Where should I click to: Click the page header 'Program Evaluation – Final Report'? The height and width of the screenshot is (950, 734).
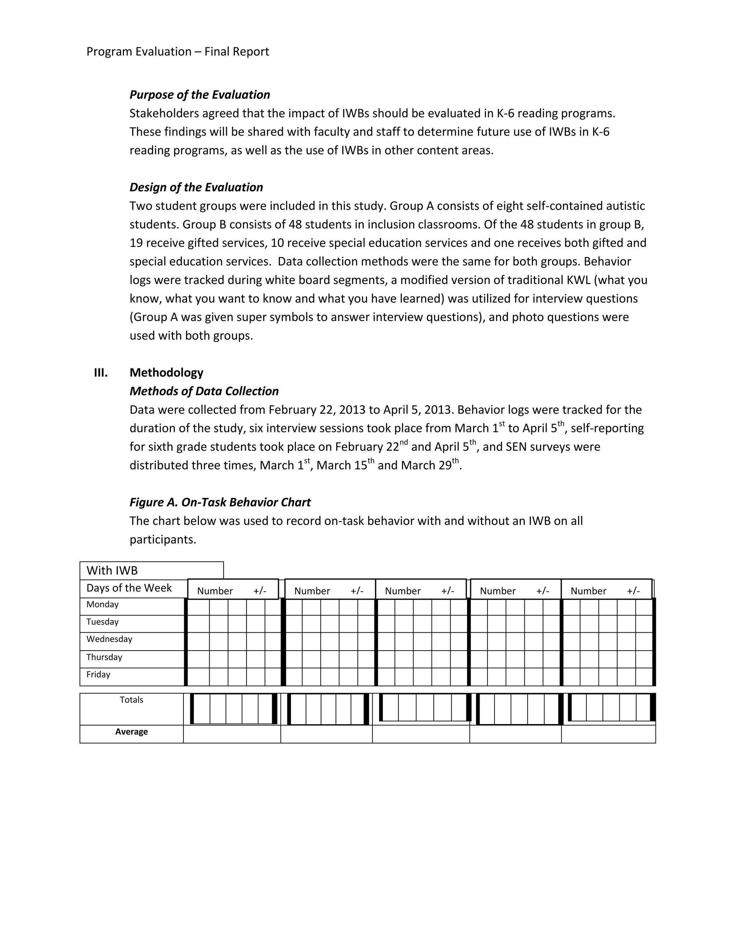pos(177,52)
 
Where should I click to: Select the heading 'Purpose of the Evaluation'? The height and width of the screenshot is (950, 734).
pos(200,95)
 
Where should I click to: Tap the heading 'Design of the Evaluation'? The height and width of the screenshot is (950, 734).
pos(196,187)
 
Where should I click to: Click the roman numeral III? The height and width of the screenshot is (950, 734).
pos(101,373)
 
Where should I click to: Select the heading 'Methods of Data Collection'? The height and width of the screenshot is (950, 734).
pos(204,391)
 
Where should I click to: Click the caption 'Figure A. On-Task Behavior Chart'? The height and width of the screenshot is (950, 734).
pos(220,502)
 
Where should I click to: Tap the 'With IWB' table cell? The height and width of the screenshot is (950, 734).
pos(112,571)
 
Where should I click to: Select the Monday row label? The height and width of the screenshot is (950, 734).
pos(103,605)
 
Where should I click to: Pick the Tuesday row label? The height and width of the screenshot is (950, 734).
pos(103,622)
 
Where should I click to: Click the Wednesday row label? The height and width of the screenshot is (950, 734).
pos(109,640)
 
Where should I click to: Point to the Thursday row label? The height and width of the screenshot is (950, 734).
pos(104,657)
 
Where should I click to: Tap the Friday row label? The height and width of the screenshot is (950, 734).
pos(98,675)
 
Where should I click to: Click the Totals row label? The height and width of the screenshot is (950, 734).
pos(131,700)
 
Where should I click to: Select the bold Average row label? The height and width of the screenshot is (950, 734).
pos(131,732)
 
